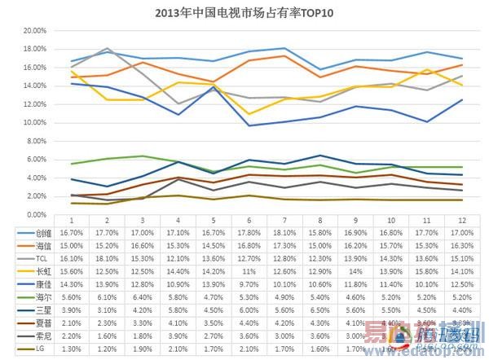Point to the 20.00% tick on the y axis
[34, 30]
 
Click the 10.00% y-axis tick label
[34, 122]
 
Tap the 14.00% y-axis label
[34, 86]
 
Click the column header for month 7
[284, 221]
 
